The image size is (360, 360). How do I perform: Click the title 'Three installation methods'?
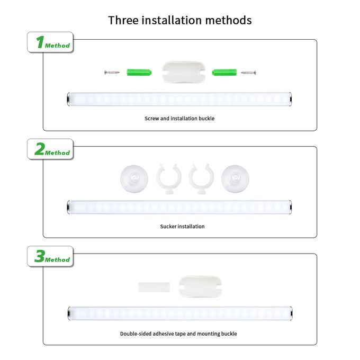pyautogui.click(x=180, y=20)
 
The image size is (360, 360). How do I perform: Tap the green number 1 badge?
pyautogui.click(x=50, y=42)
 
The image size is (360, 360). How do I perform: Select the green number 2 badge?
pyautogui.click(x=50, y=149)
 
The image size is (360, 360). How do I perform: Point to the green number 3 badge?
pyautogui.click(x=50, y=256)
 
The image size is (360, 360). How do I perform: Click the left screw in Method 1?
pyautogui.click(x=112, y=73)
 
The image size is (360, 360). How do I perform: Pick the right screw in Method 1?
pyautogui.click(x=248, y=73)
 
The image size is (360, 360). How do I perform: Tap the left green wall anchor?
pyautogui.click(x=139, y=73)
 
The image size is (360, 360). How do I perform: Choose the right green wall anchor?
pyautogui.click(x=224, y=73)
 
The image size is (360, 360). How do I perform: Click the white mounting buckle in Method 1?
pyautogui.click(x=183, y=71)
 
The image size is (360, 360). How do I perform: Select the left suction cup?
pyautogui.click(x=134, y=178)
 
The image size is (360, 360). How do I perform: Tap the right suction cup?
pyautogui.click(x=235, y=178)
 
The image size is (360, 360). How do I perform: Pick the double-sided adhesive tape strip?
pyautogui.click(x=154, y=287)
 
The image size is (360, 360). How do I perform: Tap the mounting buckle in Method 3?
pyautogui.click(x=200, y=286)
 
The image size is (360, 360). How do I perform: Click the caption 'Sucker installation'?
pyautogui.click(x=182, y=227)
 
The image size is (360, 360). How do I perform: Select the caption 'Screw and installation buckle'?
pyautogui.click(x=179, y=119)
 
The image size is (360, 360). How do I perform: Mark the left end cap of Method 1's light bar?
pyautogui.click(x=68, y=99)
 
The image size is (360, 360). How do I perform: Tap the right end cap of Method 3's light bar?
pyautogui.click(x=291, y=313)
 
